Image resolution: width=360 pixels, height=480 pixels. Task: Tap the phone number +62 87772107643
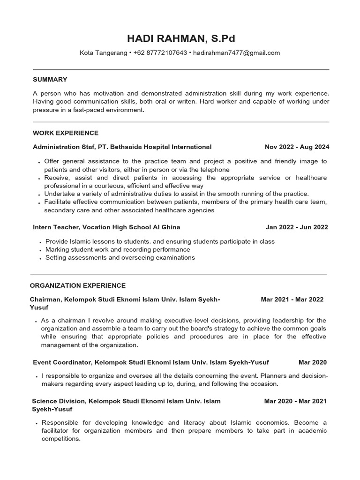(160, 53)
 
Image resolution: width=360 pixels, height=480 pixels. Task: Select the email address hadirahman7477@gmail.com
(236, 53)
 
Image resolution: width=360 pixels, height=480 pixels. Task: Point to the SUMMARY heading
(50, 80)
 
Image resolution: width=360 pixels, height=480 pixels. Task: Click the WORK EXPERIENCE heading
(66, 133)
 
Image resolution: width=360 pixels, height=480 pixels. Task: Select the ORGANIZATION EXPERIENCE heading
(78, 285)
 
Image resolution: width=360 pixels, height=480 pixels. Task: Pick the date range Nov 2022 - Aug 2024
(297, 147)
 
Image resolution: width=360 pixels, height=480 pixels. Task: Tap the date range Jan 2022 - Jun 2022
(297, 227)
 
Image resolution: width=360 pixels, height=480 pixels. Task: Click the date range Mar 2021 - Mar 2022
(292, 300)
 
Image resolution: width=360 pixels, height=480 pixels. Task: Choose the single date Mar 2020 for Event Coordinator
(313, 362)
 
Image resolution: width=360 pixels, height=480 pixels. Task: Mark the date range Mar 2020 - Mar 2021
(295, 401)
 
